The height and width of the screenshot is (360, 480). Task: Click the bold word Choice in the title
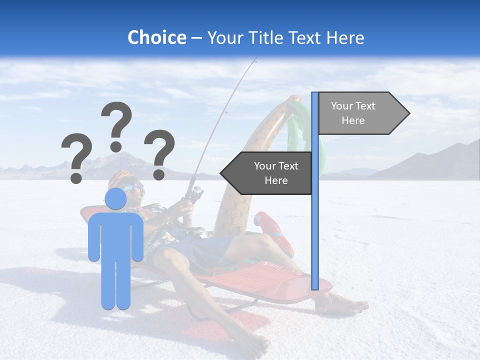coord(156,38)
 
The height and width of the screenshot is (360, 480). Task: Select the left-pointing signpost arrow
coord(267,173)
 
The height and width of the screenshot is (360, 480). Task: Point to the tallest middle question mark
coord(116,125)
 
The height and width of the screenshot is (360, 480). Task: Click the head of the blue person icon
coord(116,199)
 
